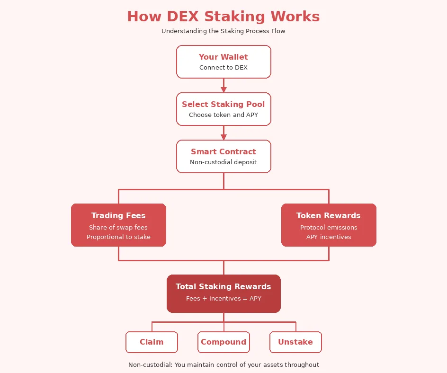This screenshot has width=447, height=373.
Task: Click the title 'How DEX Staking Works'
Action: coord(223,17)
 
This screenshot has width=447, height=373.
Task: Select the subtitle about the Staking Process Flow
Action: coord(223,31)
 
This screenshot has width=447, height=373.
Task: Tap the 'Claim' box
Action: coord(152,342)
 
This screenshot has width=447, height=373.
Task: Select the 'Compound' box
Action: coord(223,342)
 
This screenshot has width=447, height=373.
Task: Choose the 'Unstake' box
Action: coord(295,342)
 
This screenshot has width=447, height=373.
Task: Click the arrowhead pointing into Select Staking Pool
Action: coord(223,89)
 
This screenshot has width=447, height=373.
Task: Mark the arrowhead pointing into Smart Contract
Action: coord(223,137)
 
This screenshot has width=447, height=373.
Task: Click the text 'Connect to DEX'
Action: coord(223,68)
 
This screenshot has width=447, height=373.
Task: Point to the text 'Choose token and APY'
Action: coord(223,115)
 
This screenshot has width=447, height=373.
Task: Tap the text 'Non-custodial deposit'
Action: coord(223,162)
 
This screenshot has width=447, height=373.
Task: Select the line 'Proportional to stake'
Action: coord(118,237)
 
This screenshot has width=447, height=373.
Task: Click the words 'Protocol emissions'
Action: coord(329,228)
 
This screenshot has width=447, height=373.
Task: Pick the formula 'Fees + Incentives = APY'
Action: coord(223,299)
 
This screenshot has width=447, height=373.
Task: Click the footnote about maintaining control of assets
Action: coord(223,365)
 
